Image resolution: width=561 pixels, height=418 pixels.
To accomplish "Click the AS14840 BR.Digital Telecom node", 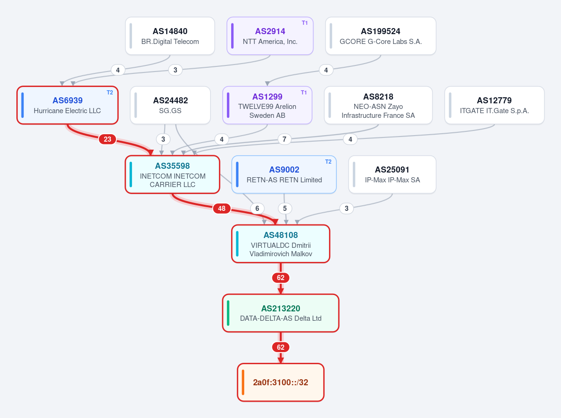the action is coord(170,36).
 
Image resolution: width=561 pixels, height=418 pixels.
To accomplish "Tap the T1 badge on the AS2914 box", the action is coord(305,23).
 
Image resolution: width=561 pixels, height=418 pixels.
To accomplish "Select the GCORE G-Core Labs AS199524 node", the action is coord(381,36).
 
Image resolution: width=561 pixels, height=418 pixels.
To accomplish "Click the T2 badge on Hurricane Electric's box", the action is coord(110,93).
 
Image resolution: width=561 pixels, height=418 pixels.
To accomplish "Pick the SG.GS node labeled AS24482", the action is coord(170,105).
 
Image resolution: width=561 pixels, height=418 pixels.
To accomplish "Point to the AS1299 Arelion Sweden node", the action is coord(267,105).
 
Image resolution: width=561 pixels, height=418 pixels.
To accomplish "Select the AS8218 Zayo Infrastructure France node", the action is coord(378,105).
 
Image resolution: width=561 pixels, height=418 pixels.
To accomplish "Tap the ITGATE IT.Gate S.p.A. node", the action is coord(495,105).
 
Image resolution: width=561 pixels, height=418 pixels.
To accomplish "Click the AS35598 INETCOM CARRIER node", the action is coord(173,174).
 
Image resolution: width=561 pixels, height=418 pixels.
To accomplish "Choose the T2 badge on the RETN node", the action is coord(328,162).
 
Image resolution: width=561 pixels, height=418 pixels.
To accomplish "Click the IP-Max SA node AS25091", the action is coord(393,174).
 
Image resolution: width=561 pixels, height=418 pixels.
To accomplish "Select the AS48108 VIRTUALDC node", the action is coord(281,244).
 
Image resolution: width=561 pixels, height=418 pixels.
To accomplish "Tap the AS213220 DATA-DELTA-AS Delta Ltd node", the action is coord(281,313).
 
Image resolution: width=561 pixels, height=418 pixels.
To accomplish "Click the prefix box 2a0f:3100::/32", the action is coord(281,382).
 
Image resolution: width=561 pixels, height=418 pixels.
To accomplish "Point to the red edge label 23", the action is coord(107,139).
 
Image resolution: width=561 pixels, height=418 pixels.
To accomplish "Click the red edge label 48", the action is coord(222,209).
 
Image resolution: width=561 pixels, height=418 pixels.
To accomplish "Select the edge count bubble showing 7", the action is coord(284,139).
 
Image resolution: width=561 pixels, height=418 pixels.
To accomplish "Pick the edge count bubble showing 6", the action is coord(257,209).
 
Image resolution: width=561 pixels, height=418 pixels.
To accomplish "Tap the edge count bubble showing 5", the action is coord(285,209).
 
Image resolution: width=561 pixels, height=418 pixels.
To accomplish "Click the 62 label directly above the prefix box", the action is coord(281,347).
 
